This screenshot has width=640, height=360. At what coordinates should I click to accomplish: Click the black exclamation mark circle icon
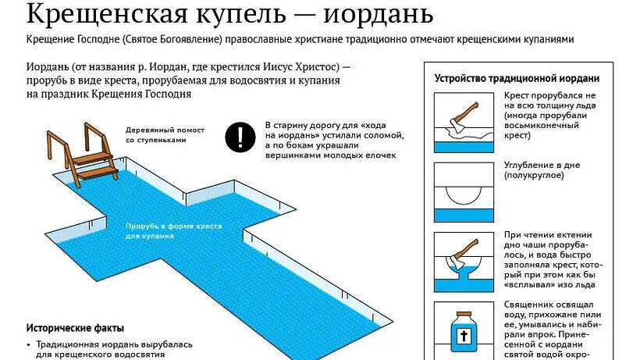(240, 137)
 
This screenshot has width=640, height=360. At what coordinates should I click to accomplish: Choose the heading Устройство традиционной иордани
(517, 78)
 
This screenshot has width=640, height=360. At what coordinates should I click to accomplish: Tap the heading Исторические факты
(75, 328)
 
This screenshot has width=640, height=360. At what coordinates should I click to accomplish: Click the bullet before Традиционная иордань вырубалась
(30, 344)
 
